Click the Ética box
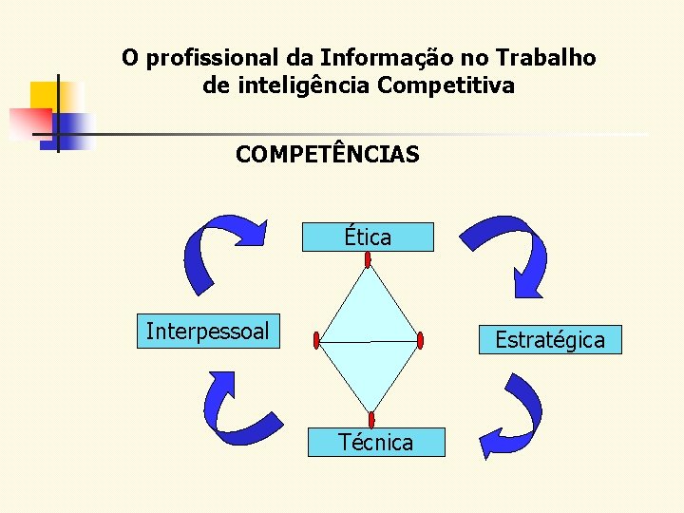pos(368,237)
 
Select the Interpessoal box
pos(208,332)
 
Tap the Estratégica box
pos(550,339)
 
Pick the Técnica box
pos(376,442)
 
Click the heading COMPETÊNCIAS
pos(328,154)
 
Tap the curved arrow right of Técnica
pos(513,418)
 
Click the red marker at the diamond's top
pos(368,259)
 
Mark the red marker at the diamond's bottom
pos(371,419)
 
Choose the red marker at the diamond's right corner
pos(420,340)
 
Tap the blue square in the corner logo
pos(70,127)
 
